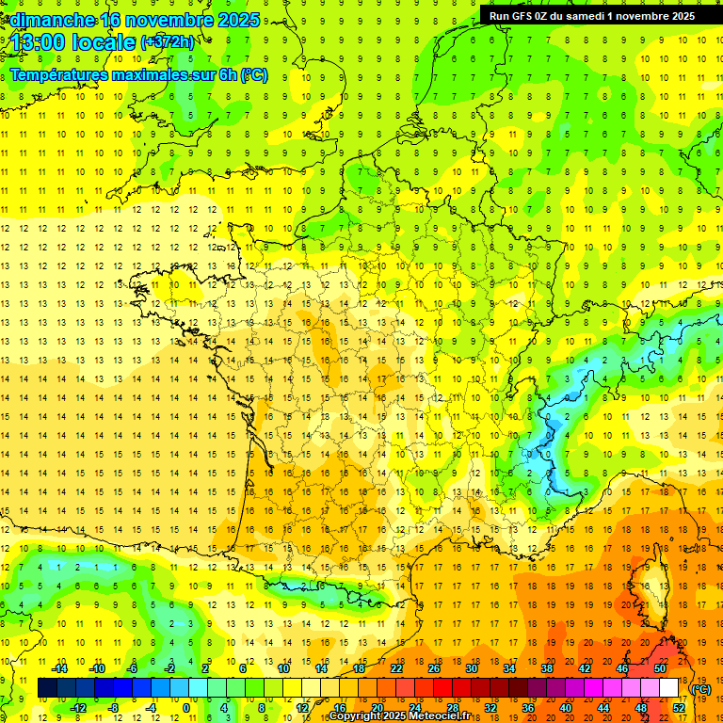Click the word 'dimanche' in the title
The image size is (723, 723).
point(47,20)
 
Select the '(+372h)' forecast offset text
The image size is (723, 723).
point(168,42)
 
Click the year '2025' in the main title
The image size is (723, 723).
point(237,20)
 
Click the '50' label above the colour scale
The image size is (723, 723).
point(660,668)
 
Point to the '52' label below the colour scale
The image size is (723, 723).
point(679,707)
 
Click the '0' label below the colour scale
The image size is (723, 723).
point(185,707)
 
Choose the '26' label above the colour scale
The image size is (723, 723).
point(434,668)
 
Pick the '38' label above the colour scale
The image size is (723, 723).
point(547,668)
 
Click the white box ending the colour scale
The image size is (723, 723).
point(669,687)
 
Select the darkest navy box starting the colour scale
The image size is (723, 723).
point(48,687)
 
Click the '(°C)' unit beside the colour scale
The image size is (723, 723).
point(701,688)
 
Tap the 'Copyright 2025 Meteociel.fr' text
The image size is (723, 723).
point(405,716)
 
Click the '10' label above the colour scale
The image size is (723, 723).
point(283,668)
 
